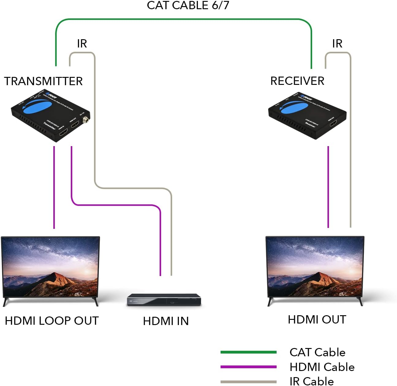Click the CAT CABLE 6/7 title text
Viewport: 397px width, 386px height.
point(188,6)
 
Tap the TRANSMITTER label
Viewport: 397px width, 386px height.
point(43,81)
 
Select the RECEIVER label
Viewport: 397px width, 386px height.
point(297,81)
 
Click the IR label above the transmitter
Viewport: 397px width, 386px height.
point(82,44)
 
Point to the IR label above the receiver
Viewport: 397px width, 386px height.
point(337,44)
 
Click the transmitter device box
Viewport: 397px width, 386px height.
point(51,116)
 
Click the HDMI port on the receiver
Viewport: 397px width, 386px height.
point(333,123)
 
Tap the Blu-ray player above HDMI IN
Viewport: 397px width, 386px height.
point(164,300)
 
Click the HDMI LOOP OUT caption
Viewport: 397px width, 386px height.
point(52,321)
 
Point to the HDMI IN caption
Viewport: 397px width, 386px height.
point(166,321)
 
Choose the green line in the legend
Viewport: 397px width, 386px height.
point(248,352)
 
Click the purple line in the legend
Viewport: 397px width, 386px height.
point(248,367)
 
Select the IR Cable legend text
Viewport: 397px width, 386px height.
point(312,381)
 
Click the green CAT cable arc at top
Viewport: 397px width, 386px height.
point(184,19)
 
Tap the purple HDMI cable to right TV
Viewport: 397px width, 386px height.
point(328,187)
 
